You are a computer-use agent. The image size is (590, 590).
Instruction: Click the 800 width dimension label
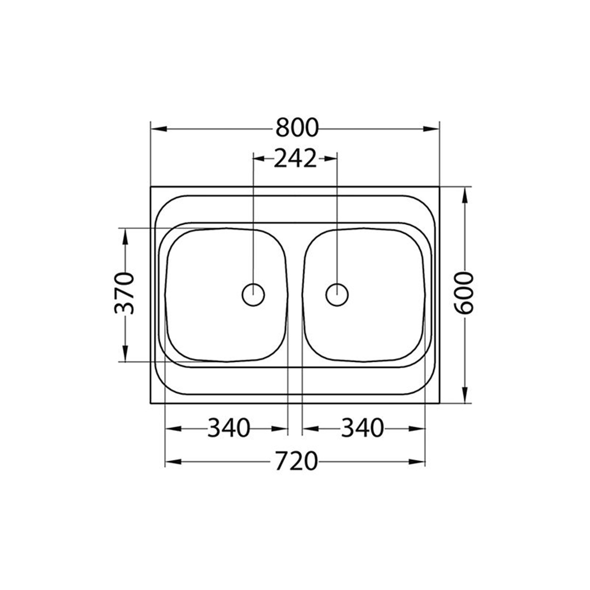297,128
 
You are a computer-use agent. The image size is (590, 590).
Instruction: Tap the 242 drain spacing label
295,158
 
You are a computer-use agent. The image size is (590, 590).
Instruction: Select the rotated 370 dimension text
124,294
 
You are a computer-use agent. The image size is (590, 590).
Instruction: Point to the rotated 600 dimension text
464,293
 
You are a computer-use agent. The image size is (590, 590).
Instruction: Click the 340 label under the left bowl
229,428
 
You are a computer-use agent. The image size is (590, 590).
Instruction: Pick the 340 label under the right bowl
362,428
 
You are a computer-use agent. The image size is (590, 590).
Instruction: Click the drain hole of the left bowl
253,295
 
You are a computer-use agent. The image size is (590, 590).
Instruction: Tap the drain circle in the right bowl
337,295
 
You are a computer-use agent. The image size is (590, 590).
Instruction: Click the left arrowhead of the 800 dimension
159,129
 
